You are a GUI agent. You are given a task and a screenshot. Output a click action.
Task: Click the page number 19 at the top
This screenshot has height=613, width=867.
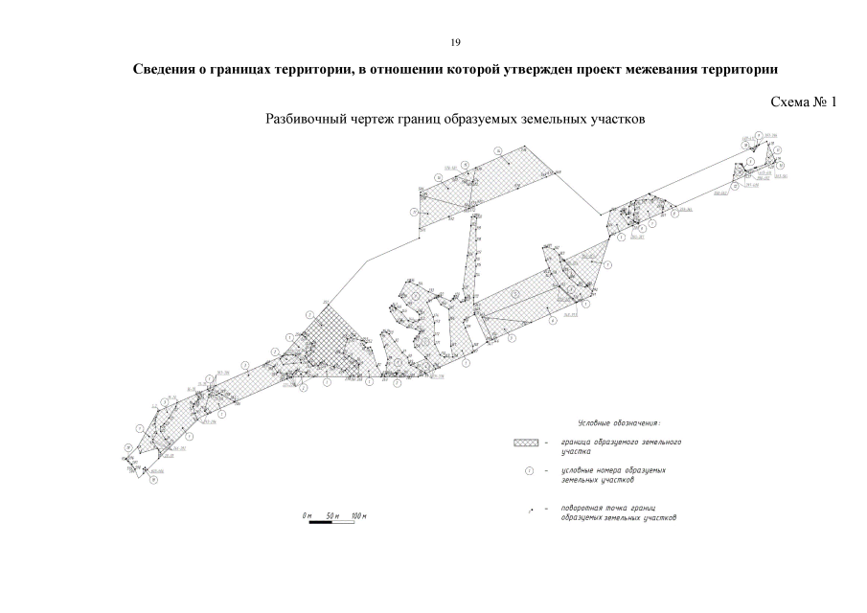pyautogui.click(x=455, y=42)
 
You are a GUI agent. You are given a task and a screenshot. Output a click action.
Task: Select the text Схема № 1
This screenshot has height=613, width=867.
pyautogui.click(x=803, y=102)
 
